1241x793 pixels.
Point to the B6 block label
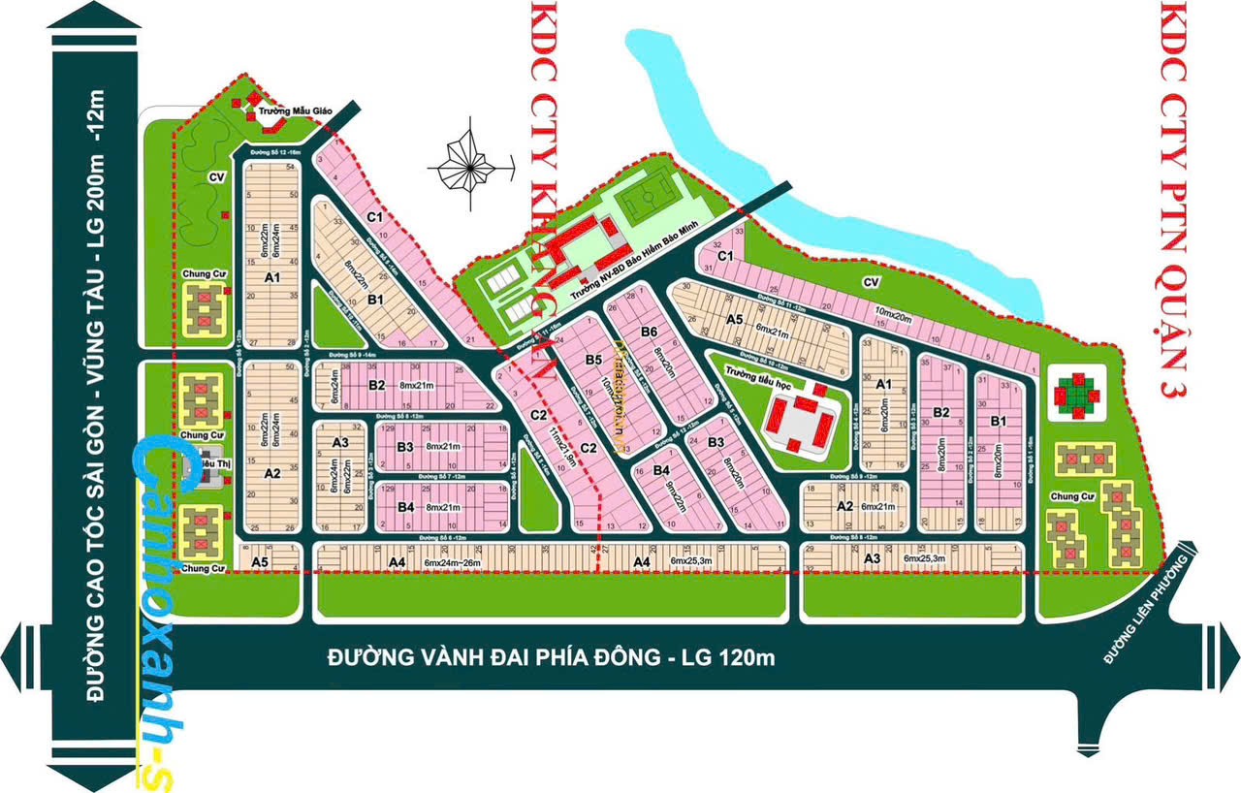(649, 333)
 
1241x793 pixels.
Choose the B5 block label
(593, 361)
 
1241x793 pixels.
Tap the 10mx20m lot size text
(894, 313)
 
